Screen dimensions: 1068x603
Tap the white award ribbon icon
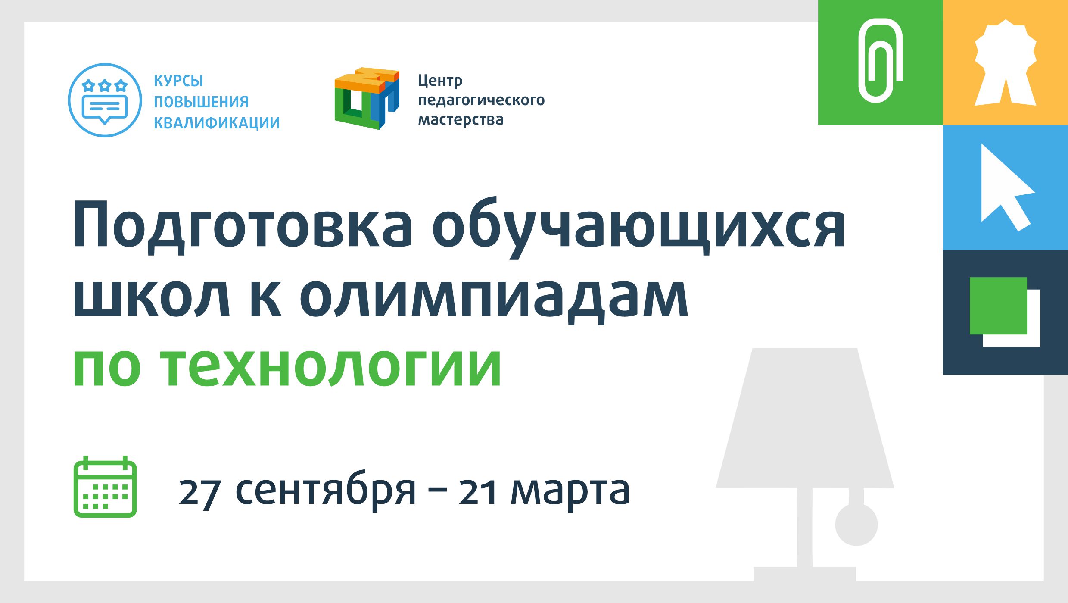click(1006, 62)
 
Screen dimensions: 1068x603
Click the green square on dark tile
click(998, 306)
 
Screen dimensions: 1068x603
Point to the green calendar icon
click(105, 487)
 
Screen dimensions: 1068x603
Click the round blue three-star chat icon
click(105, 100)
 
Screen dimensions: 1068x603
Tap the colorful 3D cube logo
click(367, 98)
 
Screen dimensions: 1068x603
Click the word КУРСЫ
click(178, 81)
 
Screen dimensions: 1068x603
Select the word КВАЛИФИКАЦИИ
click(217, 123)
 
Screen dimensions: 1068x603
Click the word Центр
click(440, 81)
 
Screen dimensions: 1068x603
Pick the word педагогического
click(481, 100)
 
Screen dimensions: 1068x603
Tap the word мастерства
click(461, 119)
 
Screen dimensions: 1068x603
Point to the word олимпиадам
click(494, 297)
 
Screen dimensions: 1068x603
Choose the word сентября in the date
click(326, 491)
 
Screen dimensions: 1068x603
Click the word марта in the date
click(570, 492)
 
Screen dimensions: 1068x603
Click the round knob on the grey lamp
click(856, 525)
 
